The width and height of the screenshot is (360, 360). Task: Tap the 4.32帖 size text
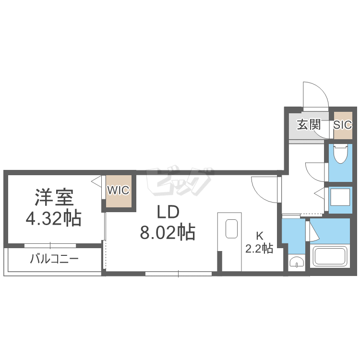pyautogui.click(x=53, y=219)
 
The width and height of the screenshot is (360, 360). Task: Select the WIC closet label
pyautogui.click(x=118, y=191)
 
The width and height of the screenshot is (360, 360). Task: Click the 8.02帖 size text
pyautogui.click(x=167, y=233)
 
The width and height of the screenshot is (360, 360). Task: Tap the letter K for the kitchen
pyautogui.click(x=259, y=236)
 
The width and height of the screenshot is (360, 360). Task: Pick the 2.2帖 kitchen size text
pyautogui.click(x=259, y=249)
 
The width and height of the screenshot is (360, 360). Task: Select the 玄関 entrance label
pyautogui.click(x=309, y=125)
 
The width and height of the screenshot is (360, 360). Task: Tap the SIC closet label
pyautogui.click(x=343, y=125)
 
